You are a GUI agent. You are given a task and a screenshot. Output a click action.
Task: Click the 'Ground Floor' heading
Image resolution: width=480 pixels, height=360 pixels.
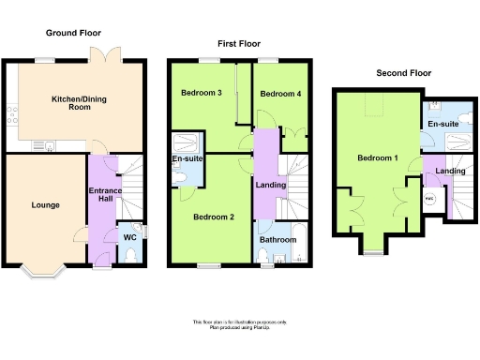click(74, 33)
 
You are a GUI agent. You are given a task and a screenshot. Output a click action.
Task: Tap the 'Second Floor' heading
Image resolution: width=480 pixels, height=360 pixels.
click(403, 72)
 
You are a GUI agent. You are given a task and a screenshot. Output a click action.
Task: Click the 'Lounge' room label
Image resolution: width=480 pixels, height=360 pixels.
click(46, 204)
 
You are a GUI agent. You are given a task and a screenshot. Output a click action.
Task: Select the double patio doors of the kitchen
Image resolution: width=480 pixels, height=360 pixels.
click(113, 55)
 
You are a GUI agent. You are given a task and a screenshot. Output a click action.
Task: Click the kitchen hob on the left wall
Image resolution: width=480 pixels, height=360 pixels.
click(10, 116)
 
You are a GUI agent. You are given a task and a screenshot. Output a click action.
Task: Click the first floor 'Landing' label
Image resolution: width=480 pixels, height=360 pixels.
click(270, 184)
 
